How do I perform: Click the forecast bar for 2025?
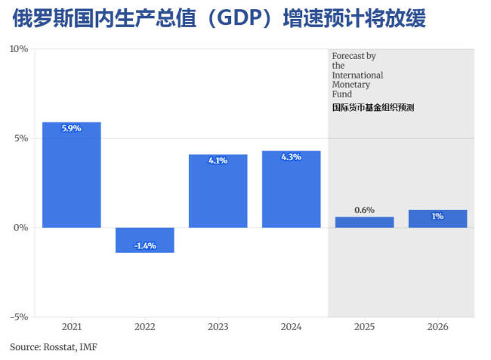click(364, 222)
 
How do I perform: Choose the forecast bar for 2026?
click(437, 219)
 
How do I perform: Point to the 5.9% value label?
click(72, 129)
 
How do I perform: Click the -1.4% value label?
click(145, 246)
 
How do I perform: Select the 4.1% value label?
click(218, 161)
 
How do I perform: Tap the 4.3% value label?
click(292, 157)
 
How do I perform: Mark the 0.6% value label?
click(364, 210)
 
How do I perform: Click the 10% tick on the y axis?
click(19, 49)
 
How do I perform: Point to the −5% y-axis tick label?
click(18, 317)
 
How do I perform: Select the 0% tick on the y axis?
click(20, 228)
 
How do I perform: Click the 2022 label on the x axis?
click(145, 327)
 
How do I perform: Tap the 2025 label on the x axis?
click(364, 327)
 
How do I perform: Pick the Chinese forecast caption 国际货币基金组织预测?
click(373, 108)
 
